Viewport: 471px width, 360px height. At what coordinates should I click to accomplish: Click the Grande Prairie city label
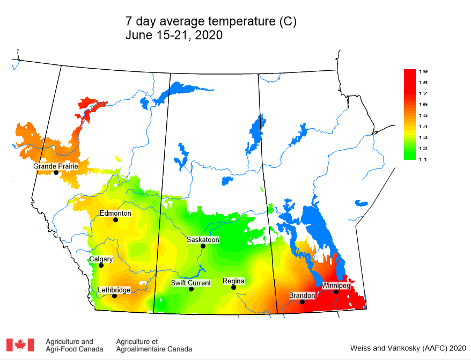[x=56, y=166]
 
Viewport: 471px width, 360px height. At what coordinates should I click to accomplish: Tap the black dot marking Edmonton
[x=115, y=219]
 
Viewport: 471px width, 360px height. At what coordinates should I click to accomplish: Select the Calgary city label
[x=101, y=259]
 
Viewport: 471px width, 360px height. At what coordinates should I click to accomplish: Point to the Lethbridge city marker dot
[x=114, y=296]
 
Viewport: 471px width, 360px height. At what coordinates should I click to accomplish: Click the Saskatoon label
[x=203, y=240]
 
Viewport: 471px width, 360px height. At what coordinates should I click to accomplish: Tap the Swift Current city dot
[x=191, y=289]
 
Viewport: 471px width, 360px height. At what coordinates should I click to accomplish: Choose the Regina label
[x=233, y=281]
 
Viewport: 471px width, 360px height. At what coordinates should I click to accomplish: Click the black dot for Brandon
[x=302, y=302]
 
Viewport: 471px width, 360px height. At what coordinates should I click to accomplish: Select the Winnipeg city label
[x=336, y=286]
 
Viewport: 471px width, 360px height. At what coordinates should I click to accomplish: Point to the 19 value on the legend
[x=423, y=71]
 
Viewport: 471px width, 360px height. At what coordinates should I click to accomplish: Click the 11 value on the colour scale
[x=423, y=159]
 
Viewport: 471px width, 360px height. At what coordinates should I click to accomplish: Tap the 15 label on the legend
[x=423, y=115]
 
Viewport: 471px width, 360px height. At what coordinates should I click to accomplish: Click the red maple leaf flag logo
[x=20, y=345]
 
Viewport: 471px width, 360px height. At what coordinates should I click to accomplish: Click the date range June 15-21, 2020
[x=174, y=35]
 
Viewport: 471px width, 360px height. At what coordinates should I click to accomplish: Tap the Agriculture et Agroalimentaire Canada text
[x=153, y=345]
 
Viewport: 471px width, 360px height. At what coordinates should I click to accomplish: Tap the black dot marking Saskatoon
[x=203, y=246]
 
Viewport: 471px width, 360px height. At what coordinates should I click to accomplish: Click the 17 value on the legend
[x=423, y=93]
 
